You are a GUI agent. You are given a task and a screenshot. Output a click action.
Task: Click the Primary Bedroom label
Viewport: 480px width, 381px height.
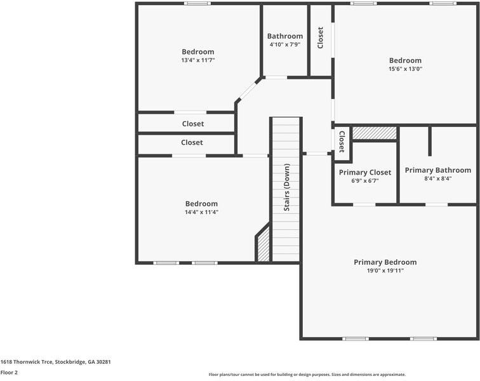385,262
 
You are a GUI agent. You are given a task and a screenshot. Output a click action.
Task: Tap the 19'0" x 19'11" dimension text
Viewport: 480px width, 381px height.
385,271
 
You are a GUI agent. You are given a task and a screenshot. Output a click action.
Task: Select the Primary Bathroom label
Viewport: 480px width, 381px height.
437,170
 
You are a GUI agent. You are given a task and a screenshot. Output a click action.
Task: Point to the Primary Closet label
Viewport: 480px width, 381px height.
365,172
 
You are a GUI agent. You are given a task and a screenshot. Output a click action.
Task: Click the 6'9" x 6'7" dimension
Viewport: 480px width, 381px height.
365,180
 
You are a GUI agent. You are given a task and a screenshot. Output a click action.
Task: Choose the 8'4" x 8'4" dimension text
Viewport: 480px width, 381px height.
437,178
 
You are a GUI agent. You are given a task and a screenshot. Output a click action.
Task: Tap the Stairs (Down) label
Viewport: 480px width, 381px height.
287,187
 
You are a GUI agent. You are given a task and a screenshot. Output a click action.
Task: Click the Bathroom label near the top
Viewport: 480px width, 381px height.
284,36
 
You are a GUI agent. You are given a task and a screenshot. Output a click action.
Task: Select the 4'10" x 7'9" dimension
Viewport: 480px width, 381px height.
284,44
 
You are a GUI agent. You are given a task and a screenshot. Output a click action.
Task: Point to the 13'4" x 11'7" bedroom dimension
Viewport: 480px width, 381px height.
198,60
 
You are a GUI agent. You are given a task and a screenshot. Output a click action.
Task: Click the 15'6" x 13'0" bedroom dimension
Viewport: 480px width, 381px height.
405,69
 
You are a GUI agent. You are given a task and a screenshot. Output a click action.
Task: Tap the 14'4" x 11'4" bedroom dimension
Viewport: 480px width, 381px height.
201,212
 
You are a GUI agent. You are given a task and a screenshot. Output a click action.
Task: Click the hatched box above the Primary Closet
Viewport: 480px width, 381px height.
375,133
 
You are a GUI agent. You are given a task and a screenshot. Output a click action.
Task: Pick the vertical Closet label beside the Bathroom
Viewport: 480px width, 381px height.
321,37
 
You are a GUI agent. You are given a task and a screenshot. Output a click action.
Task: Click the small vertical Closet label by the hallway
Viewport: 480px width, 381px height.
342,142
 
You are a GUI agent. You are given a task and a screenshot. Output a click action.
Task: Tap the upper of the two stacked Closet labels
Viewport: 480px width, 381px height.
192,124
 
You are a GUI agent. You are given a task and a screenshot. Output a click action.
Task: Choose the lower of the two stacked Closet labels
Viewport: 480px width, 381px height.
192,143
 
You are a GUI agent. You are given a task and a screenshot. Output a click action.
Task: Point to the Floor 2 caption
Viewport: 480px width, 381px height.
9,373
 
